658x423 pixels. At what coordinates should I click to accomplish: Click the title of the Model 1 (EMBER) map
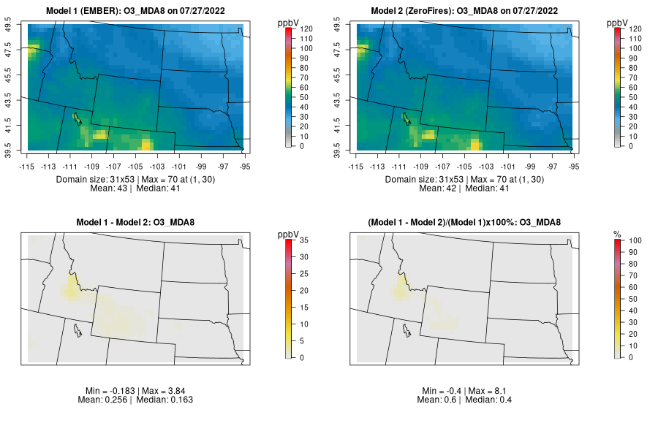[x=139, y=10]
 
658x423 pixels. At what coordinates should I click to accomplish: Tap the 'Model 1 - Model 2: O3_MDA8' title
[x=139, y=222]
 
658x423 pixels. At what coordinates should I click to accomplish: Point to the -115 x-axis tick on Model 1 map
[x=27, y=166]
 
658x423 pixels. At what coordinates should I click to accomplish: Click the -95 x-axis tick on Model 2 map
[x=573, y=166]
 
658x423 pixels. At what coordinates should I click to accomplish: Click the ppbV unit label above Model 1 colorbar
[x=289, y=22]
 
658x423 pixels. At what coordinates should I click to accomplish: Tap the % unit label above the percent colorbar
[x=617, y=234]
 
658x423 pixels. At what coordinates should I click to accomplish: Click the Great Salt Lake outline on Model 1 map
[x=77, y=117]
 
